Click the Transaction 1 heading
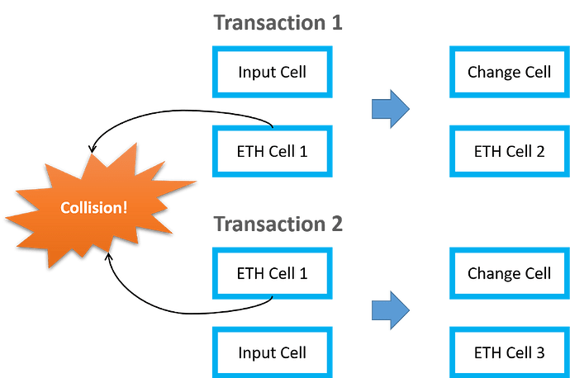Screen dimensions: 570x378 point(278,22)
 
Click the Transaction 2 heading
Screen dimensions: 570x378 point(278,224)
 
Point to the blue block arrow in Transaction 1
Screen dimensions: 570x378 point(391,109)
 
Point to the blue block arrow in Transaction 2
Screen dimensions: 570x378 point(391,310)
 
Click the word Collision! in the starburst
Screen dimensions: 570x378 point(94,208)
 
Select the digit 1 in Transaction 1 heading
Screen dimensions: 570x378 point(337,22)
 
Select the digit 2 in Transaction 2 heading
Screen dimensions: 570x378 point(337,224)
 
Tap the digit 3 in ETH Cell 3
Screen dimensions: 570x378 point(540,352)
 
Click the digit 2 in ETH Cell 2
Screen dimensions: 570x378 point(540,151)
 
